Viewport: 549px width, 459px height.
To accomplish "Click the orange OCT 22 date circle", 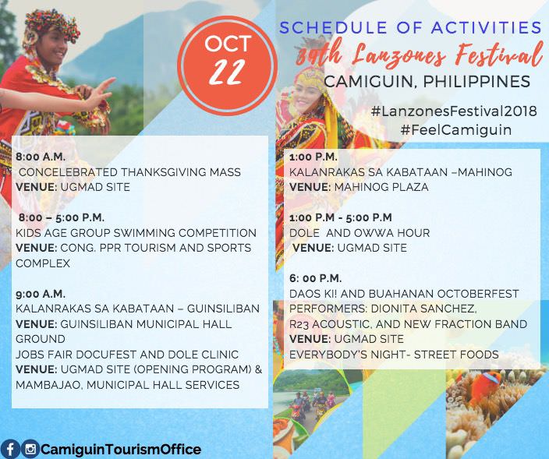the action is (x=228, y=65).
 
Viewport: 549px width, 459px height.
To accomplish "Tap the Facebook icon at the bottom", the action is (x=9, y=449).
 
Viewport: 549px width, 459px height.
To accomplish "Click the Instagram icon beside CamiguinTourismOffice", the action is (x=30, y=449).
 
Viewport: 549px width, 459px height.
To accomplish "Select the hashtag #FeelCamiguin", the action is (x=456, y=130).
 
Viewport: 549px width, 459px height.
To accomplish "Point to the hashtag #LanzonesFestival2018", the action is (x=454, y=111).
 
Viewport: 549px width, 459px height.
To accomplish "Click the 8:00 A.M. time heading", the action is (x=41, y=157).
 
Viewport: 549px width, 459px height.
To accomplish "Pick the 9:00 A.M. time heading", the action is (x=41, y=294).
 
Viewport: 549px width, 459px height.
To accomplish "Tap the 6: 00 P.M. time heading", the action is (x=316, y=278).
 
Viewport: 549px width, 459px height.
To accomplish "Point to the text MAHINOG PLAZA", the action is (x=381, y=187).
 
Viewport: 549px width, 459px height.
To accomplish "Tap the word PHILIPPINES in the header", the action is (x=477, y=82).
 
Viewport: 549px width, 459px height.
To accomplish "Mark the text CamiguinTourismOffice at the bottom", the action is (x=121, y=449).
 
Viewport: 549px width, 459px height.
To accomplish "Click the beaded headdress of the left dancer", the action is (x=52, y=25).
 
